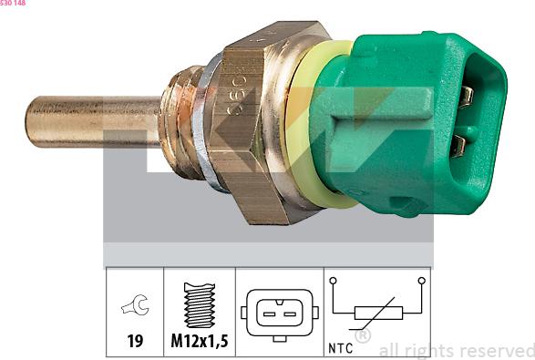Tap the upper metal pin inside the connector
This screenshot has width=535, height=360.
coord(466,94)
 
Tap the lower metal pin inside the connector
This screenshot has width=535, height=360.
coord(459,144)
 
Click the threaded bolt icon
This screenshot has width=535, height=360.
coord(199,305)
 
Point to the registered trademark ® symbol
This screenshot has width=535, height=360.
coord(362,336)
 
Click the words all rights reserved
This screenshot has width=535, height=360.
coord(456,350)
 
